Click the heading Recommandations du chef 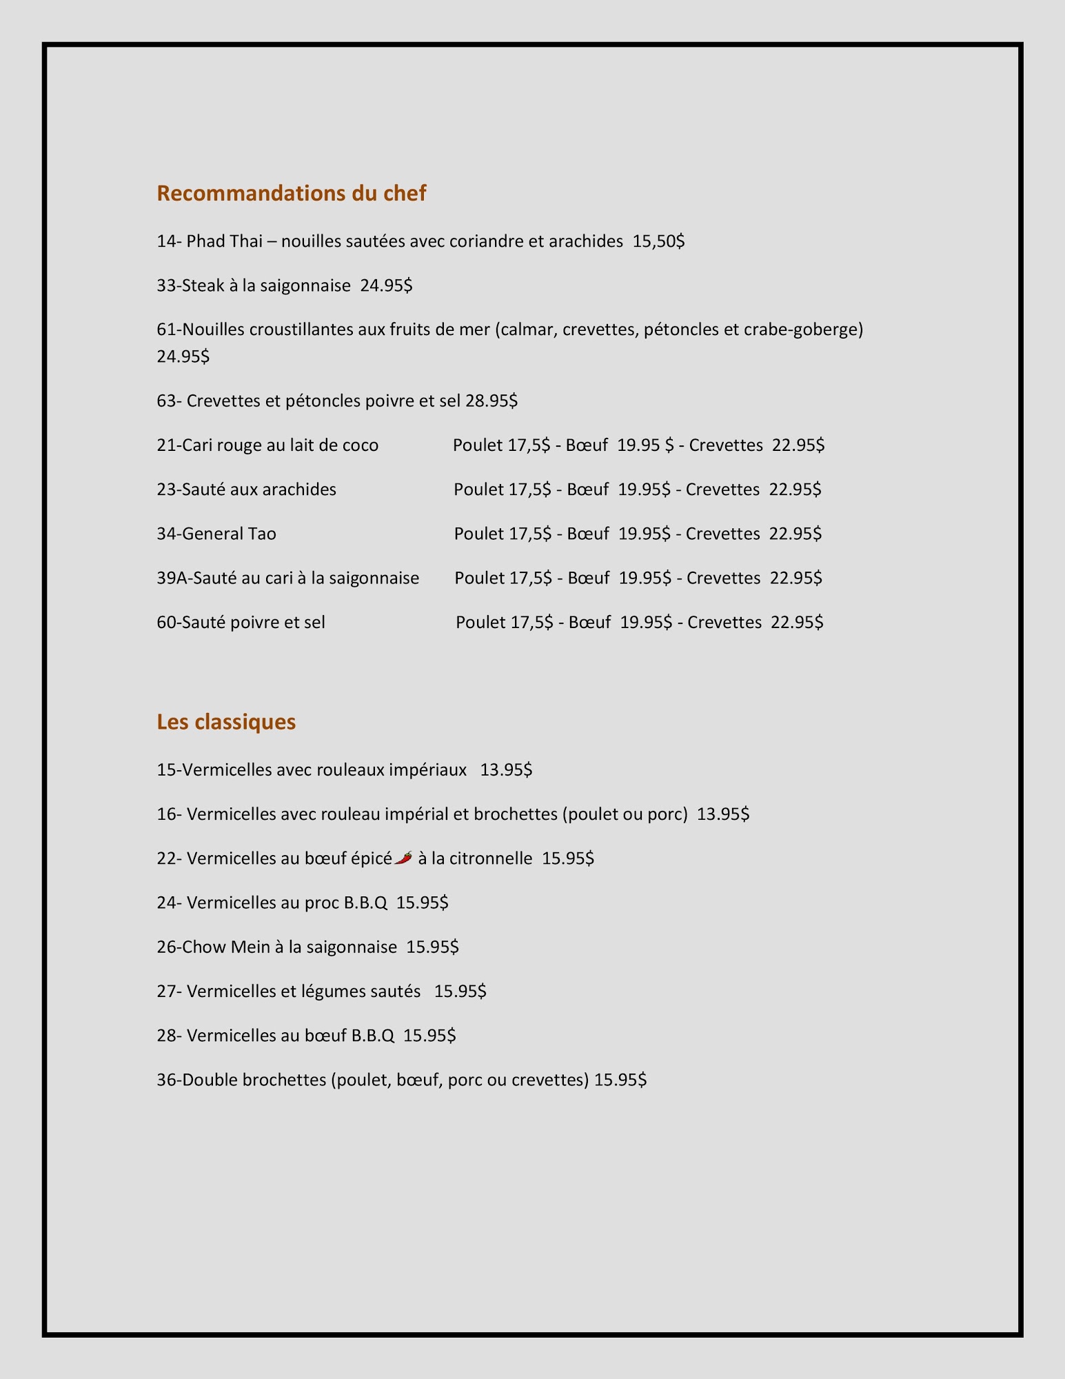[x=291, y=193]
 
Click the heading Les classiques [x=226, y=722]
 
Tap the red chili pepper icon [x=404, y=858]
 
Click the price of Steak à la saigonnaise [x=386, y=285]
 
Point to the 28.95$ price [x=491, y=401]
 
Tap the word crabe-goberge [x=803, y=330]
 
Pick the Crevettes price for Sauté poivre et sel [x=797, y=623]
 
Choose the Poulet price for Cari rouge [x=529, y=445]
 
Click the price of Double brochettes [x=620, y=1080]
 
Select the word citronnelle [x=490, y=858]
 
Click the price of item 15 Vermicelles [x=506, y=769]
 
